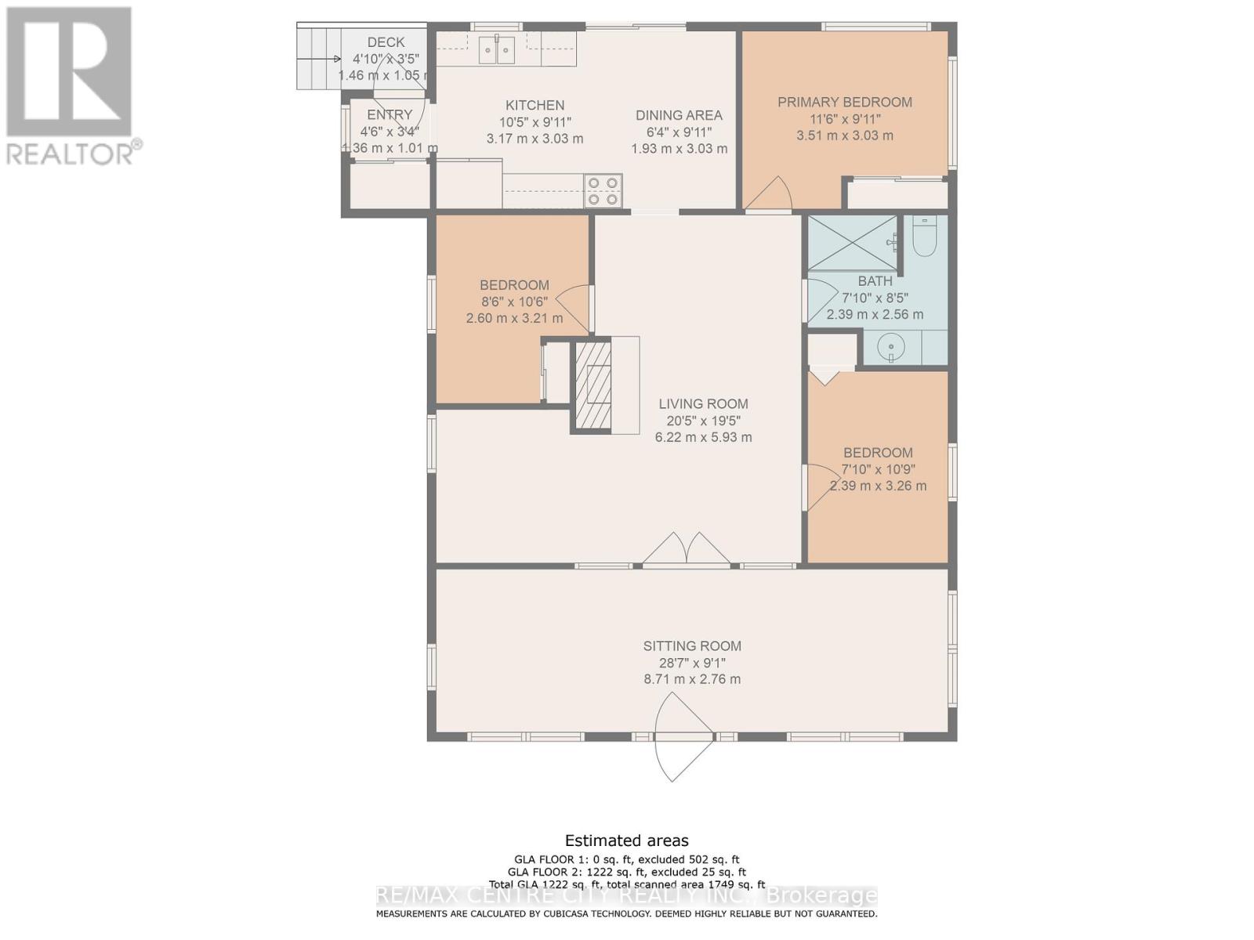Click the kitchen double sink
[497, 50]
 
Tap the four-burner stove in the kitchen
[603, 191]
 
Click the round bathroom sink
[891, 346]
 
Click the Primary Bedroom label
[844, 102]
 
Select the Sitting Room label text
[691, 646]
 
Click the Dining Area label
[679, 115]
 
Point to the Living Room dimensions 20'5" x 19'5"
[703, 421]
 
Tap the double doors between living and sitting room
[687, 549]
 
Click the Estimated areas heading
[626, 841]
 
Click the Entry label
[389, 115]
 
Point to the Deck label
[386, 42]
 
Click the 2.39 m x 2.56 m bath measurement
[875, 314]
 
